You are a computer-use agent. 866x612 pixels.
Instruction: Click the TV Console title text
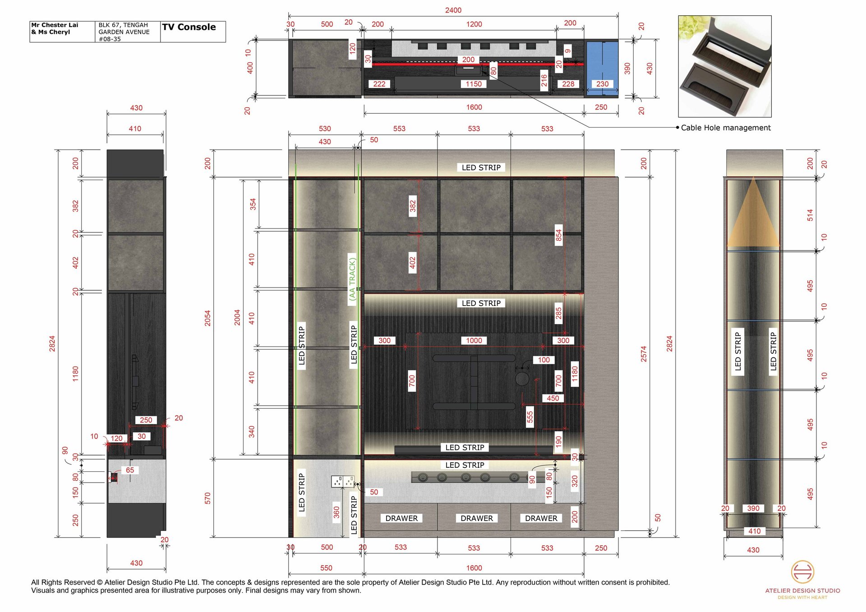pos(189,27)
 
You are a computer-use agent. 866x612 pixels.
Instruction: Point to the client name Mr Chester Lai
pos(55,25)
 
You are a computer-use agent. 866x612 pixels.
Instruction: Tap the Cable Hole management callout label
pos(726,128)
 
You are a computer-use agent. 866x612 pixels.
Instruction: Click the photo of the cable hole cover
pos(725,66)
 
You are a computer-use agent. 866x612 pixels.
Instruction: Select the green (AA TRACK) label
pos(352,277)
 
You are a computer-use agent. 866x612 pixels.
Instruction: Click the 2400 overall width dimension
pos(453,10)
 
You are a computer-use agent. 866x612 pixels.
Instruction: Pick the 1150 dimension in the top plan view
pos(474,84)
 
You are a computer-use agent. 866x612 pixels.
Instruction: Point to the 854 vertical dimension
pos(558,235)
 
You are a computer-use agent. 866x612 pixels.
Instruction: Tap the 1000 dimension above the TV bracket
pos(474,341)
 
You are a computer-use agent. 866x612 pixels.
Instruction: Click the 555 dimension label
pos(530,417)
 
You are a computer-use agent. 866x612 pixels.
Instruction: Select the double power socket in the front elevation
pos(343,481)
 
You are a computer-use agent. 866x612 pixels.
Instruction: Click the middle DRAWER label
pos(477,518)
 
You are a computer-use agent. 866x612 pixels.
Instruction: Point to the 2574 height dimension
pos(644,354)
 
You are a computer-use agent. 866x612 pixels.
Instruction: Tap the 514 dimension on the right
pos(810,215)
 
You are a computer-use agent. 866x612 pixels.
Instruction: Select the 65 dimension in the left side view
pos(130,470)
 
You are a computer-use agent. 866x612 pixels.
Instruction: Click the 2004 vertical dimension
pos(237,317)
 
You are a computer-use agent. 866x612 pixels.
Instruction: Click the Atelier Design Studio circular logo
pos(802,572)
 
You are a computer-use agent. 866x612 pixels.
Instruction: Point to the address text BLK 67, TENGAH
pos(123,25)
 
